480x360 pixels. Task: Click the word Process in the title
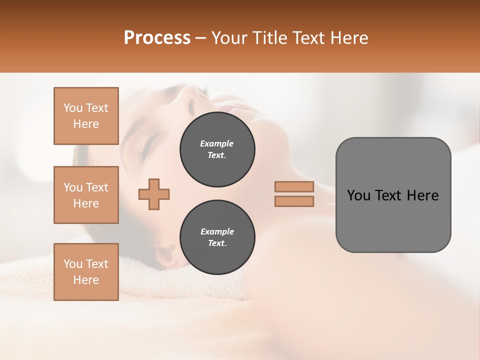coord(157,38)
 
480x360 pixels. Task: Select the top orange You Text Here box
coord(86,116)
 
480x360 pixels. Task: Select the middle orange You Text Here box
coord(86,195)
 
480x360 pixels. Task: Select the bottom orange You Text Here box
coord(86,272)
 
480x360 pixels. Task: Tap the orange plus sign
coord(154,194)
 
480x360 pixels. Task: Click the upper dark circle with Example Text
coord(217,149)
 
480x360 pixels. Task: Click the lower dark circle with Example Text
coord(217,237)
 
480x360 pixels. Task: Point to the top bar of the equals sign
coord(294,186)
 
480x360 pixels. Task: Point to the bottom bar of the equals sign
coord(294,201)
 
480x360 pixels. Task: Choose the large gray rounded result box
coord(393,195)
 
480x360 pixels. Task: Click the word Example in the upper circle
coord(217,143)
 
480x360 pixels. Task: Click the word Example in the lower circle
coord(217,231)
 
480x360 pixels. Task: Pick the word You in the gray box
coord(358,195)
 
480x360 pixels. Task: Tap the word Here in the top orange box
coord(86,124)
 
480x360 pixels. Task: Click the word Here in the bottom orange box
coord(86,280)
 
